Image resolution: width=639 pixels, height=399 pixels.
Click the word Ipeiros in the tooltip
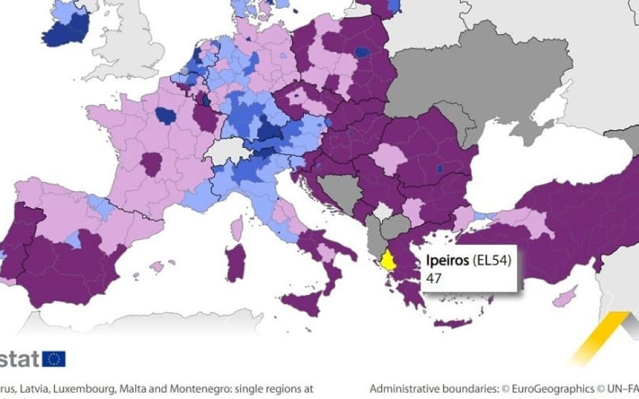(446, 261)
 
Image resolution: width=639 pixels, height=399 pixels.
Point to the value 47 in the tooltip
(434, 279)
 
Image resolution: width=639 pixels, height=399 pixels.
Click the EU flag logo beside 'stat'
(54, 358)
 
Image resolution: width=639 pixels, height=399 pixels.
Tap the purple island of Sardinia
(235, 262)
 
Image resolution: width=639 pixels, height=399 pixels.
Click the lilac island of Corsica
(237, 228)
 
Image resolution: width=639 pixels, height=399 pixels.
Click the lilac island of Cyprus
(567, 296)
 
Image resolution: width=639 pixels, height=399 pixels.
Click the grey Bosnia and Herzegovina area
(337, 191)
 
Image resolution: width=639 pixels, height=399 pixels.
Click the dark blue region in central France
(166, 115)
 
